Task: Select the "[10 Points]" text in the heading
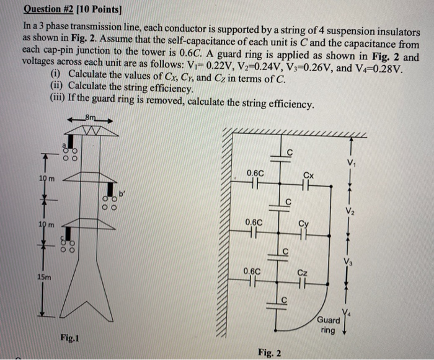click(x=106, y=9)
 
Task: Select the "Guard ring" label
click(x=328, y=325)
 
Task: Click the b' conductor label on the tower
click(x=122, y=195)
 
